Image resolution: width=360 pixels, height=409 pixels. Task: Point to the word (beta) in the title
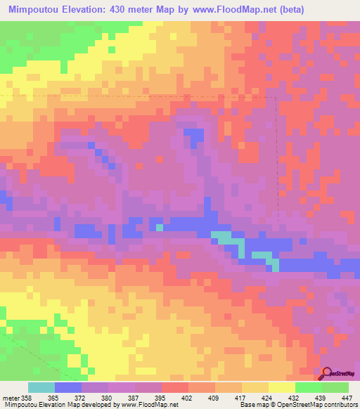(x=333, y=9)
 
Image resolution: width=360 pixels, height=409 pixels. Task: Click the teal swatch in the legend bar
(x=41, y=387)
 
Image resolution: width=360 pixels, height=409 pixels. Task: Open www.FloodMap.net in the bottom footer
(x=149, y=405)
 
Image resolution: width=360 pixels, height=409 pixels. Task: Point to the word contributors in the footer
(x=340, y=405)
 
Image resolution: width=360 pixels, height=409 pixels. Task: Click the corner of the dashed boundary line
(x=275, y=98)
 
